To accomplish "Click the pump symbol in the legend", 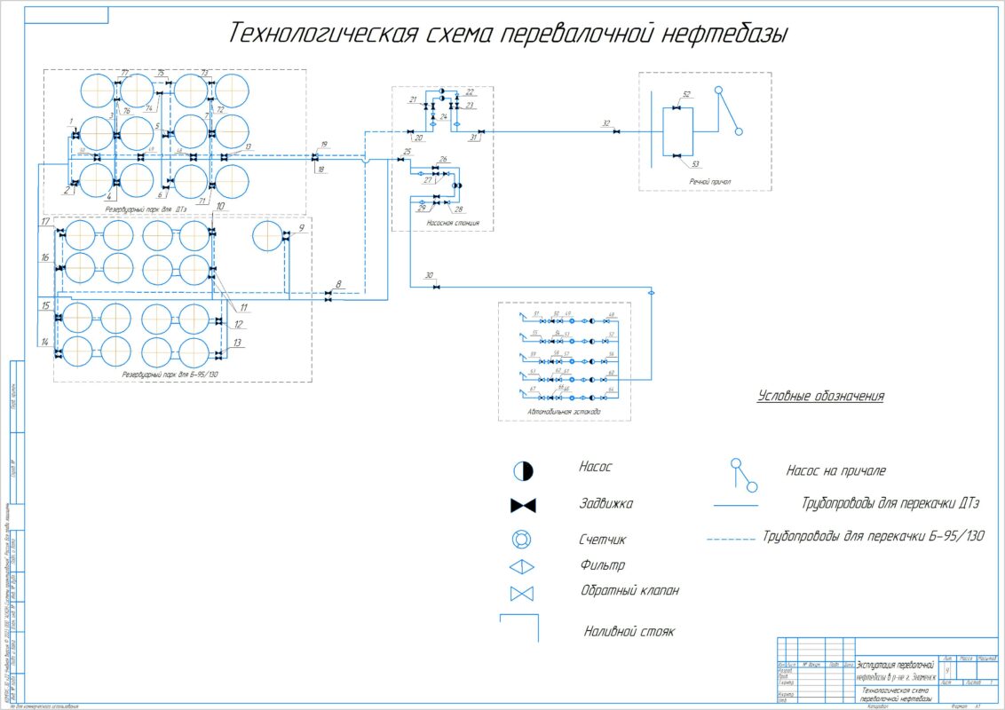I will pyautogui.click(x=523, y=470).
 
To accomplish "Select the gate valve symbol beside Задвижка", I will pyautogui.click(x=523, y=506).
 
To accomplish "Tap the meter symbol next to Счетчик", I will pyautogui.click(x=523, y=540).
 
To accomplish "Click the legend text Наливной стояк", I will pyautogui.click(x=629, y=632).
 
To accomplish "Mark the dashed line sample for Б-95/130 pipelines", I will pyautogui.click(x=732, y=538).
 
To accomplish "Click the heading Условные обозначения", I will pyautogui.click(x=821, y=396).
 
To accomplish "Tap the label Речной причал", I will pyautogui.click(x=710, y=182).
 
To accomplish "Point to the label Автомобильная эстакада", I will pyautogui.click(x=563, y=413).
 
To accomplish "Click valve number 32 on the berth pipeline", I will pyautogui.click(x=618, y=132).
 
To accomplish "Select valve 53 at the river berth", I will pyautogui.click(x=677, y=156).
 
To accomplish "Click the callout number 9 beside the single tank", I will pyautogui.click(x=301, y=228).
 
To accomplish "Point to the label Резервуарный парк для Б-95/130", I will pyautogui.click(x=170, y=375).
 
